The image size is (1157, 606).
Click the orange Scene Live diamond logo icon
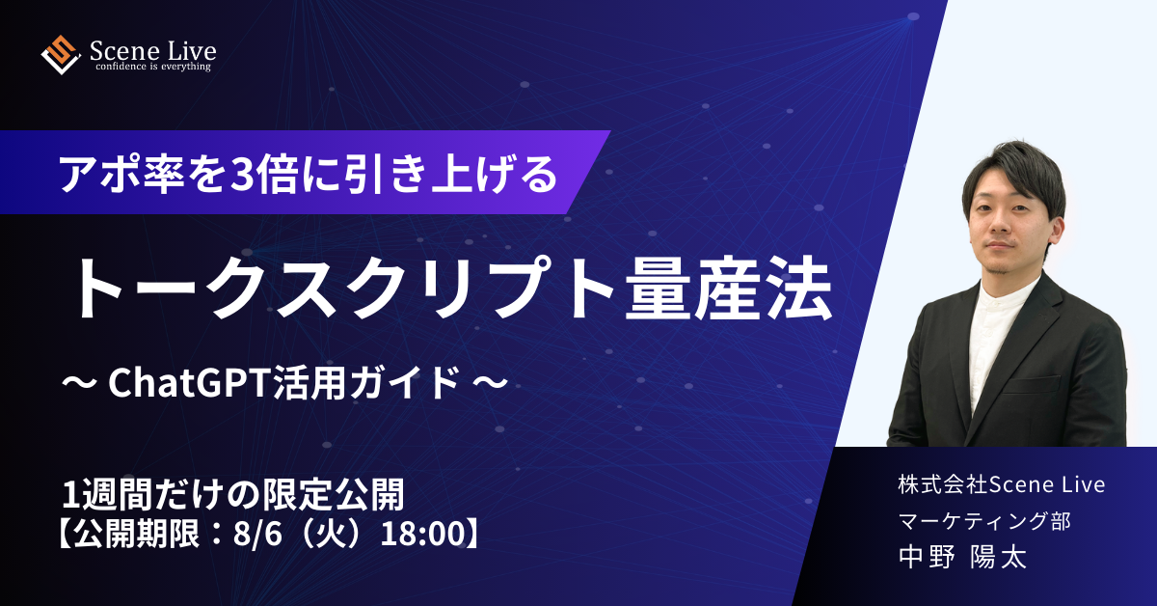coord(61,55)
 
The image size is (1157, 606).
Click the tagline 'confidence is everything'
coord(153,67)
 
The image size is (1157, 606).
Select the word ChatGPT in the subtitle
coord(190,383)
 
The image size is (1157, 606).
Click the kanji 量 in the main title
coord(657,288)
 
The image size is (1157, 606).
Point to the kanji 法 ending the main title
coord(799,288)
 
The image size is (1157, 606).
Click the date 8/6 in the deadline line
coord(257,535)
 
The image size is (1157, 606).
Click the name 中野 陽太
coord(962,558)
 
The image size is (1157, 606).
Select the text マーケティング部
coord(984,521)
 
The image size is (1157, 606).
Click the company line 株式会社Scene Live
coord(1002,485)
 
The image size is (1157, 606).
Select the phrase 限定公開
coord(334,495)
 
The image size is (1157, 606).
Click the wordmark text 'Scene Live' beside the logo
coord(153,51)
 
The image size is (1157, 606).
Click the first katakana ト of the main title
coord(106,288)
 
